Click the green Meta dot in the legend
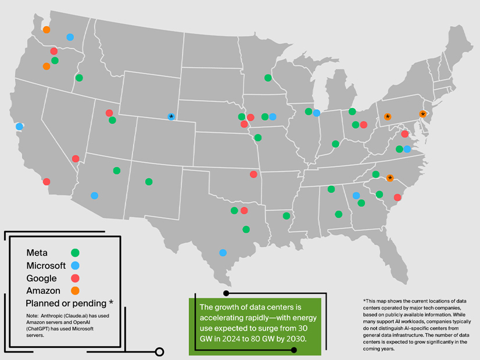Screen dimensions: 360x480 pyautogui.click(x=75, y=253)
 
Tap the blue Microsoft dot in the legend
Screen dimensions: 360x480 pyautogui.click(x=75, y=265)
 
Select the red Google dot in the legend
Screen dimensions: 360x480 pyautogui.click(x=75, y=278)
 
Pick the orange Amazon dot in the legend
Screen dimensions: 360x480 pyautogui.click(x=75, y=290)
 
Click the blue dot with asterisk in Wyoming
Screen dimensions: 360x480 pyautogui.click(x=171, y=117)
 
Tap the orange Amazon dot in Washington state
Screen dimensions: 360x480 pyautogui.click(x=46, y=30)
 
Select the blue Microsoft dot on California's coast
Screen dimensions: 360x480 pyautogui.click(x=19, y=126)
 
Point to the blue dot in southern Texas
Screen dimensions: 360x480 pyautogui.click(x=223, y=253)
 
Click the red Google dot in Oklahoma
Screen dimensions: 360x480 pyautogui.click(x=253, y=174)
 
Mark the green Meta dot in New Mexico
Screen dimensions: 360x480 pyautogui.click(x=149, y=182)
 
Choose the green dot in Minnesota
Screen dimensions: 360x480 pyautogui.click(x=268, y=78)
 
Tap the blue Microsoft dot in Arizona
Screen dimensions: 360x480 pyautogui.click(x=95, y=196)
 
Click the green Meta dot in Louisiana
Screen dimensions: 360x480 pyautogui.click(x=286, y=216)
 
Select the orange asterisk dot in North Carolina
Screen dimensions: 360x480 pyautogui.click(x=390, y=178)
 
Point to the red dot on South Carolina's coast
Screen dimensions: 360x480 pyautogui.click(x=397, y=197)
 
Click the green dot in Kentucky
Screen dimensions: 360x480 pyautogui.click(x=335, y=144)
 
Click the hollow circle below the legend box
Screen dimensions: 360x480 pyautogui.click(x=160, y=351)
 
